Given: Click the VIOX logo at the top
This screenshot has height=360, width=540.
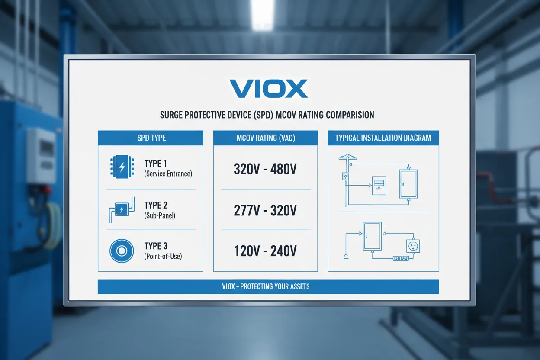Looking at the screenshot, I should pyautogui.click(x=268, y=88).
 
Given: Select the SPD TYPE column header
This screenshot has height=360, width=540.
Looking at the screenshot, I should pyautogui.click(x=151, y=138).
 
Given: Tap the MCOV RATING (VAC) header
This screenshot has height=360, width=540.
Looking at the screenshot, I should pyautogui.click(x=265, y=138).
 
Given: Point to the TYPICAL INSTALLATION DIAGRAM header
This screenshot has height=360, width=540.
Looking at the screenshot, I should pyautogui.click(x=383, y=138).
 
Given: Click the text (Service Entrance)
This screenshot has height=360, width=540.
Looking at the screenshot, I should pyautogui.click(x=168, y=174).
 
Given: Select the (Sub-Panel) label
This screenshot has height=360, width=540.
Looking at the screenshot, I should pyautogui.click(x=160, y=215).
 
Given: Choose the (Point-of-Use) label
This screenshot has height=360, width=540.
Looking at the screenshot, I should pyautogui.click(x=163, y=257).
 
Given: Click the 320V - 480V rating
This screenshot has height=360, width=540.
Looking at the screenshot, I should pyautogui.click(x=265, y=169).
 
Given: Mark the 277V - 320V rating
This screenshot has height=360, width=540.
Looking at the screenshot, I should pyautogui.click(x=265, y=211).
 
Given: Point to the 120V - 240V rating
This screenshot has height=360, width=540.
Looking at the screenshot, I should pyautogui.click(x=265, y=251).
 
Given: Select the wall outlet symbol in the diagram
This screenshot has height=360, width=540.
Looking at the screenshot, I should pyautogui.click(x=413, y=246).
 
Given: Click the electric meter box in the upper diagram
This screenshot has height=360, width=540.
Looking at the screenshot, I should pyautogui.click(x=379, y=185).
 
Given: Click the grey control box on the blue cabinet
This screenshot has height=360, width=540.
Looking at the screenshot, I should pyautogui.click(x=41, y=156).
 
